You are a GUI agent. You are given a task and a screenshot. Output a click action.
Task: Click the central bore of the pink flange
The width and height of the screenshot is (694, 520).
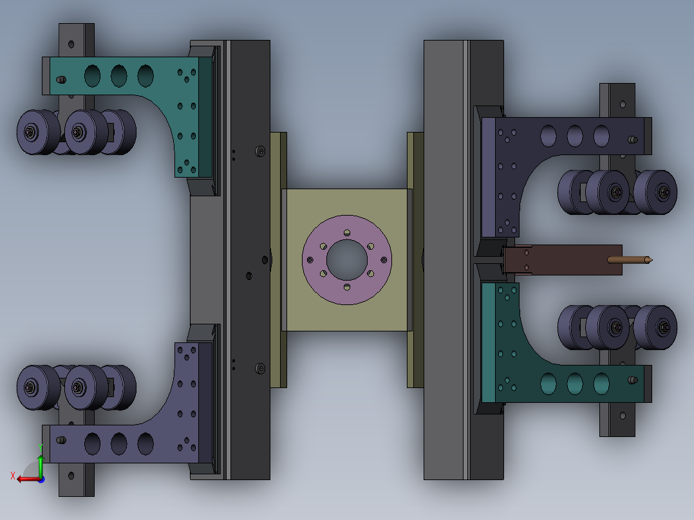347,259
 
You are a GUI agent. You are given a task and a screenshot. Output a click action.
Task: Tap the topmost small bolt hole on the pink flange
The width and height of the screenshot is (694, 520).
347,232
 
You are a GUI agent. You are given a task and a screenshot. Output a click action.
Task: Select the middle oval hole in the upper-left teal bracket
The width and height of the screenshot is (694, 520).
119,76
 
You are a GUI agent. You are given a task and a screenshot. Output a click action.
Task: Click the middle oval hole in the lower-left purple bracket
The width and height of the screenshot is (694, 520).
119,443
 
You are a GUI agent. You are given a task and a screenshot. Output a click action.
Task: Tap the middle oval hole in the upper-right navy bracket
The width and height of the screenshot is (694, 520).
575,136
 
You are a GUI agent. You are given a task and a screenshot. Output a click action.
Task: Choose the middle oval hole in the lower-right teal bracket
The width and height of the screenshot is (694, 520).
575,384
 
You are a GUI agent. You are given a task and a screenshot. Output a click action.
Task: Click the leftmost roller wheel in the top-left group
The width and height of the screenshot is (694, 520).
32,132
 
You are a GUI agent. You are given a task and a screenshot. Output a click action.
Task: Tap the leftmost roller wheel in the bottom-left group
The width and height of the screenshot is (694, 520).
32,387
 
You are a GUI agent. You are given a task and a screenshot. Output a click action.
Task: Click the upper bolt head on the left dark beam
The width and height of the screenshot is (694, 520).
260,151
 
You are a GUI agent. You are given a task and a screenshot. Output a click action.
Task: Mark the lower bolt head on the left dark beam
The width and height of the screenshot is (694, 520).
260,369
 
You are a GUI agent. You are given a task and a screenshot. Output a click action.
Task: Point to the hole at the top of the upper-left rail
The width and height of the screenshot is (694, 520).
71,44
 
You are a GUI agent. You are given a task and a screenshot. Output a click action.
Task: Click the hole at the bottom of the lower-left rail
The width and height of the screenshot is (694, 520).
71,477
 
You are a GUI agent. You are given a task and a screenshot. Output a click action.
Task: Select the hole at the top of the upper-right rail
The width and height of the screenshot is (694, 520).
622,103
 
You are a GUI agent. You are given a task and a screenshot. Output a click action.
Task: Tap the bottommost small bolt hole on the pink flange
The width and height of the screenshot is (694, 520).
347,286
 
